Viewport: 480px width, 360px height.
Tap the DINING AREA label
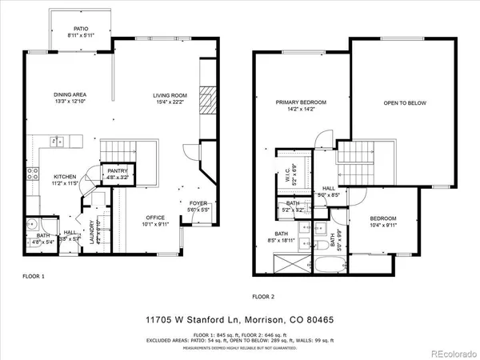click(69, 94)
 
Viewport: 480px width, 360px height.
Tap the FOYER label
click(198, 204)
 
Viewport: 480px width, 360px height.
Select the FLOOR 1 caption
click(33, 275)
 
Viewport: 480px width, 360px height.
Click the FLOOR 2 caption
click(263, 296)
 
